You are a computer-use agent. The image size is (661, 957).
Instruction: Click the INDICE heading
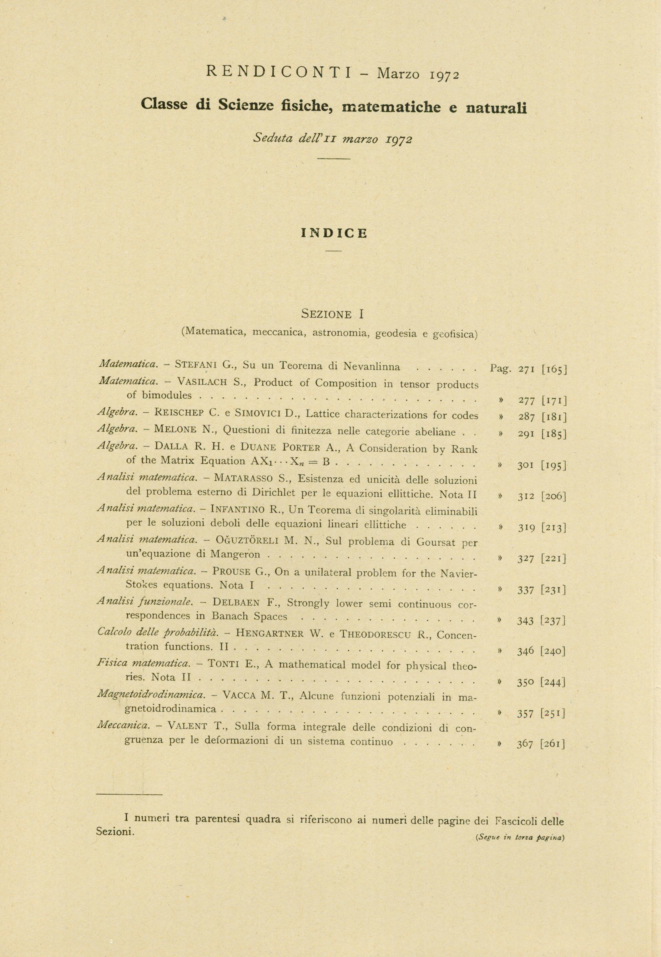pyautogui.click(x=334, y=233)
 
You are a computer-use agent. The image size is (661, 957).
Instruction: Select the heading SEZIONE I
pyautogui.click(x=333, y=314)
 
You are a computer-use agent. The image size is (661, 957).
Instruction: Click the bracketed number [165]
pyautogui.click(x=554, y=368)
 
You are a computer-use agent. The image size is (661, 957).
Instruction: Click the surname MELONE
pyautogui.click(x=175, y=430)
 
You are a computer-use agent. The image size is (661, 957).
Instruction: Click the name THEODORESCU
pyautogui.click(x=375, y=634)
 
